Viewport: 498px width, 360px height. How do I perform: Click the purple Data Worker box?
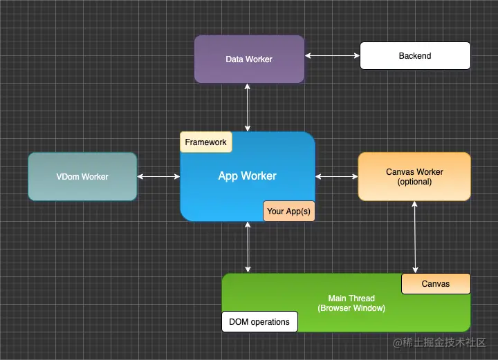tap(249, 59)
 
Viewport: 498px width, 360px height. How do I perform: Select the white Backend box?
tap(415, 55)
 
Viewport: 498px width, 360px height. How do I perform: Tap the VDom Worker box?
tap(82, 176)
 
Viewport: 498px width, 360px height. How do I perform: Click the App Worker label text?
tap(247, 176)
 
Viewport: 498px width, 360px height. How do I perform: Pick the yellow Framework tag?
tap(205, 142)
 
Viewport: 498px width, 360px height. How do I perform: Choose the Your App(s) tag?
tap(288, 211)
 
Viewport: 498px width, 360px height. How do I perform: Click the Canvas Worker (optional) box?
tap(414, 176)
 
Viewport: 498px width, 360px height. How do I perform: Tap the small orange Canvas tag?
tap(436, 283)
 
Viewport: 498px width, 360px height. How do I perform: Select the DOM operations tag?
tap(259, 321)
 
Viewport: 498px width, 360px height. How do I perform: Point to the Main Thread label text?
tap(351, 299)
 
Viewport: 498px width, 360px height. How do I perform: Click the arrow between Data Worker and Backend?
tap(332, 55)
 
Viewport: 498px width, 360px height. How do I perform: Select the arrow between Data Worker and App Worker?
tap(248, 107)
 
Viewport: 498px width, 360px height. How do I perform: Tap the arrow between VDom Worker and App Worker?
tap(158, 177)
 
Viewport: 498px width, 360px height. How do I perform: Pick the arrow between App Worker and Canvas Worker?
tap(336, 177)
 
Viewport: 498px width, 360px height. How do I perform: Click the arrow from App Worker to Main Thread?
tap(248, 247)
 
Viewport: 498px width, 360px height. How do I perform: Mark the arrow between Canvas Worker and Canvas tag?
tap(415, 237)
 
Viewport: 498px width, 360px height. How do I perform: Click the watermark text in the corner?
tap(440, 343)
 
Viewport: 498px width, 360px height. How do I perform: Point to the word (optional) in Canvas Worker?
tap(414, 182)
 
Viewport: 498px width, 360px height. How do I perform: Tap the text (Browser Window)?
tap(351, 308)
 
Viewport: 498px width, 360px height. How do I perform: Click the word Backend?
tap(415, 55)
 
